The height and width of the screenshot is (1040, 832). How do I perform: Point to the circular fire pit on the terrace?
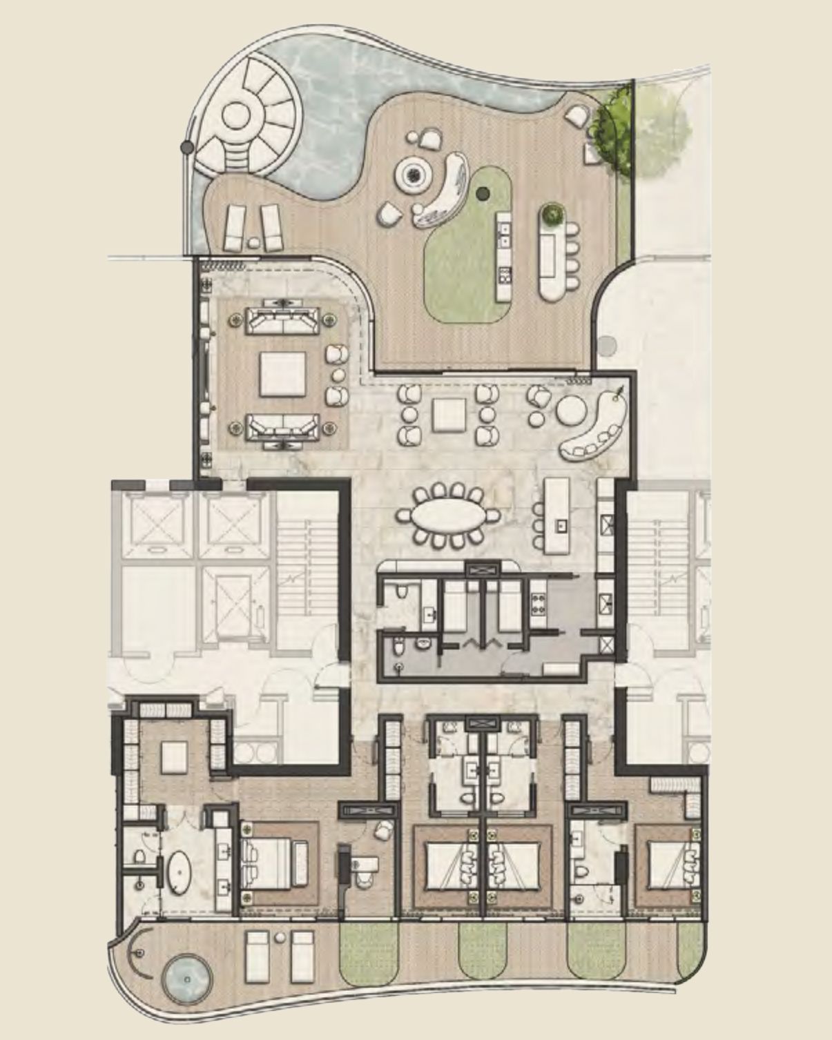(x=412, y=176)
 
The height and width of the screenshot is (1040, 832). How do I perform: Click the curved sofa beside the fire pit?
(x=442, y=192)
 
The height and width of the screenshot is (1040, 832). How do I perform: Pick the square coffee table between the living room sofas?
(x=282, y=373)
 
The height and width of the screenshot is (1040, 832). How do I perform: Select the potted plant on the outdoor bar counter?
(x=552, y=215)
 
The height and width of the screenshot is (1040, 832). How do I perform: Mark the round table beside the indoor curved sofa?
(x=571, y=412)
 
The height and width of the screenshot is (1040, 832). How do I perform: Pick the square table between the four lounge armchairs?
(x=449, y=414)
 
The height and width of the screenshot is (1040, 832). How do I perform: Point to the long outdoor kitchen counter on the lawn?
(x=503, y=255)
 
